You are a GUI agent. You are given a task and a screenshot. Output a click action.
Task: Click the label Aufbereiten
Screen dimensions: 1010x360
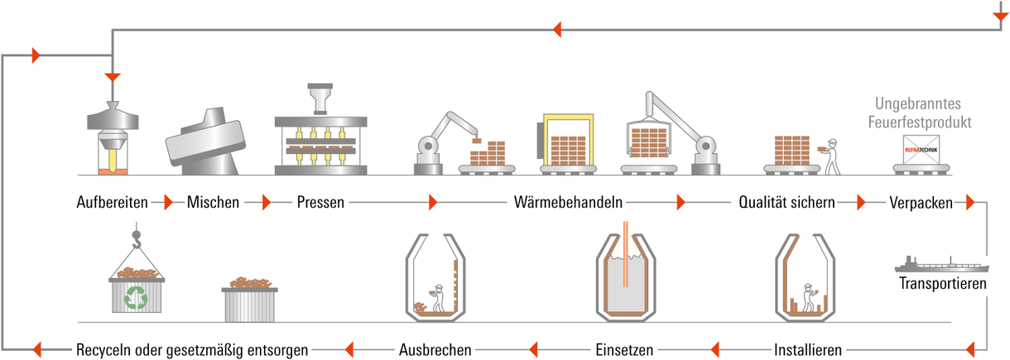click(x=113, y=202)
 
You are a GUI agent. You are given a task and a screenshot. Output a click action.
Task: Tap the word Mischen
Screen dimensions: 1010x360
click(x=213, y=202)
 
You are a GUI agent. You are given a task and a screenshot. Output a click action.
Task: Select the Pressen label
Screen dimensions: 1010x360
click(x=320, y=202)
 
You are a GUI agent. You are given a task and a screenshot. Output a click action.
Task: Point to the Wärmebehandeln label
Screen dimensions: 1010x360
click(x=568, y=202)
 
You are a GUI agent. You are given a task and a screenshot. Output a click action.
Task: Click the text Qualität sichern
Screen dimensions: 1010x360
click(x=786, y=202)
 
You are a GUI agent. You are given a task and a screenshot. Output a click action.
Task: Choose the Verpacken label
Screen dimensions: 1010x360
click(x=921, y=203)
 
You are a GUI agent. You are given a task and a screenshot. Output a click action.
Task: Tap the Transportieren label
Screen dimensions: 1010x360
click(x=943, y=283)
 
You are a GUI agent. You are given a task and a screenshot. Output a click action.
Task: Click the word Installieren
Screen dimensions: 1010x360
click(x=808, y=349)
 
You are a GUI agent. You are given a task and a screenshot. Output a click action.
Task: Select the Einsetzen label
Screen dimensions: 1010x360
click(x=624, y=349)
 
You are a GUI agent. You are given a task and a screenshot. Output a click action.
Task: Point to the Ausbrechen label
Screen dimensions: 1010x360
click(x=435, y=349)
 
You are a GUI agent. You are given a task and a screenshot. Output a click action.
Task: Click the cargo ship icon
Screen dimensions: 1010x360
click(x=941, y=265)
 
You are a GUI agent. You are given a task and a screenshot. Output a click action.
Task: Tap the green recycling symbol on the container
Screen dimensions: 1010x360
click(x=136, y=297)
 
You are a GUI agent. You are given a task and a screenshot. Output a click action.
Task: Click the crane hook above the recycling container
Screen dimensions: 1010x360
click(x=136, y=239)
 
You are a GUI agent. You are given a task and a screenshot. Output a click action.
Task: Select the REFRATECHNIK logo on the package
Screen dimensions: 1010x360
click(x=921, y=150)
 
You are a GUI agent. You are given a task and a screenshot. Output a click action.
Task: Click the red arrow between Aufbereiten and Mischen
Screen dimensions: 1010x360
click(x=169, y=202)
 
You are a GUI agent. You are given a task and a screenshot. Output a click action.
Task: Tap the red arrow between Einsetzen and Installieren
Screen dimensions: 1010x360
click(x=714, y=349)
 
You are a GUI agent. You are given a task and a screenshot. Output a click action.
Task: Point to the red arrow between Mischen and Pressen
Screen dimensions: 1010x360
click(x=267, y=202)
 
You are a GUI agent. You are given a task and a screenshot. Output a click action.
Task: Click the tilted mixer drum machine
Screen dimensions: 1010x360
click(x=205, y=141)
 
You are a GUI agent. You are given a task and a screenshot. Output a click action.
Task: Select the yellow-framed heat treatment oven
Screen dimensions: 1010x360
click(x=567, y=140)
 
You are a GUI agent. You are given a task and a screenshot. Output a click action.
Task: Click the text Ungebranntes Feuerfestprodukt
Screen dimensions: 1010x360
click(x=920, y=113)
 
